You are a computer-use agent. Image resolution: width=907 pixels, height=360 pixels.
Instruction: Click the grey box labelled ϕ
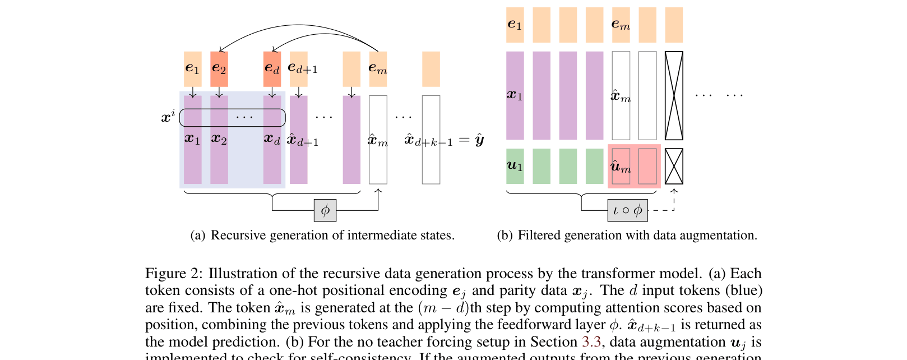click(x=325, y=210)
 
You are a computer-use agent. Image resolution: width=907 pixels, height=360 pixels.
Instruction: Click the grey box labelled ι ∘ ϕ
click(x=627, y=210)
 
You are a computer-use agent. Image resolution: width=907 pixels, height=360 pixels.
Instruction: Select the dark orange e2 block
click(x=219, y=69)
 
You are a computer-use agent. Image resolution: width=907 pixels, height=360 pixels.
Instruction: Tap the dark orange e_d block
click(x=272, y=69)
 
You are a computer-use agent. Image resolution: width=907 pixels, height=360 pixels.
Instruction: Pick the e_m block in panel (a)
click(x=378, y=69)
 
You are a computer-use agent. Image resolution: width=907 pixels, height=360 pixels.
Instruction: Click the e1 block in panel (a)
click(x=193, y=69)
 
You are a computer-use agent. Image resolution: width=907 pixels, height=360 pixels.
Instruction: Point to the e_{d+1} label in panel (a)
click(x=303, y=68)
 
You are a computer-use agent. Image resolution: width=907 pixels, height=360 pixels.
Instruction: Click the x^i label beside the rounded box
click(x=168, y=117)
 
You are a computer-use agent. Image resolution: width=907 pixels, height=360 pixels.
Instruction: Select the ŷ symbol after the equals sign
click(x=479, y=140)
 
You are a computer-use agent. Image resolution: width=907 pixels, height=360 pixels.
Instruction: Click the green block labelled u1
click(x=515, y=166)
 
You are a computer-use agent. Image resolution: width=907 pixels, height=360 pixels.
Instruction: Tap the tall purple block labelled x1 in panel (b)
click(x=515, y=95)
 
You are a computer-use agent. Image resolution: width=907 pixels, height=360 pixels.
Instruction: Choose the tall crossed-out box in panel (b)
click(x=674, y=95)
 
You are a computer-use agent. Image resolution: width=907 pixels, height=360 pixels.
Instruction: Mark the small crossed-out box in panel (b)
click(x=674, y=166)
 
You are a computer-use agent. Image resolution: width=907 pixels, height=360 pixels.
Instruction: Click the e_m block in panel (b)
click(x=621, y=25)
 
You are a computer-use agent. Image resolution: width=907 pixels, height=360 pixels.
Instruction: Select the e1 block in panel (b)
click(x=515, y=25)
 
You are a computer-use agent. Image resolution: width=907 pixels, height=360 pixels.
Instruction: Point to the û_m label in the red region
click(x=621, y=167)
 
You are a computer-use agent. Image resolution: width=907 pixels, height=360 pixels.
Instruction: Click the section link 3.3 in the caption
click(x=591, y=342)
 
